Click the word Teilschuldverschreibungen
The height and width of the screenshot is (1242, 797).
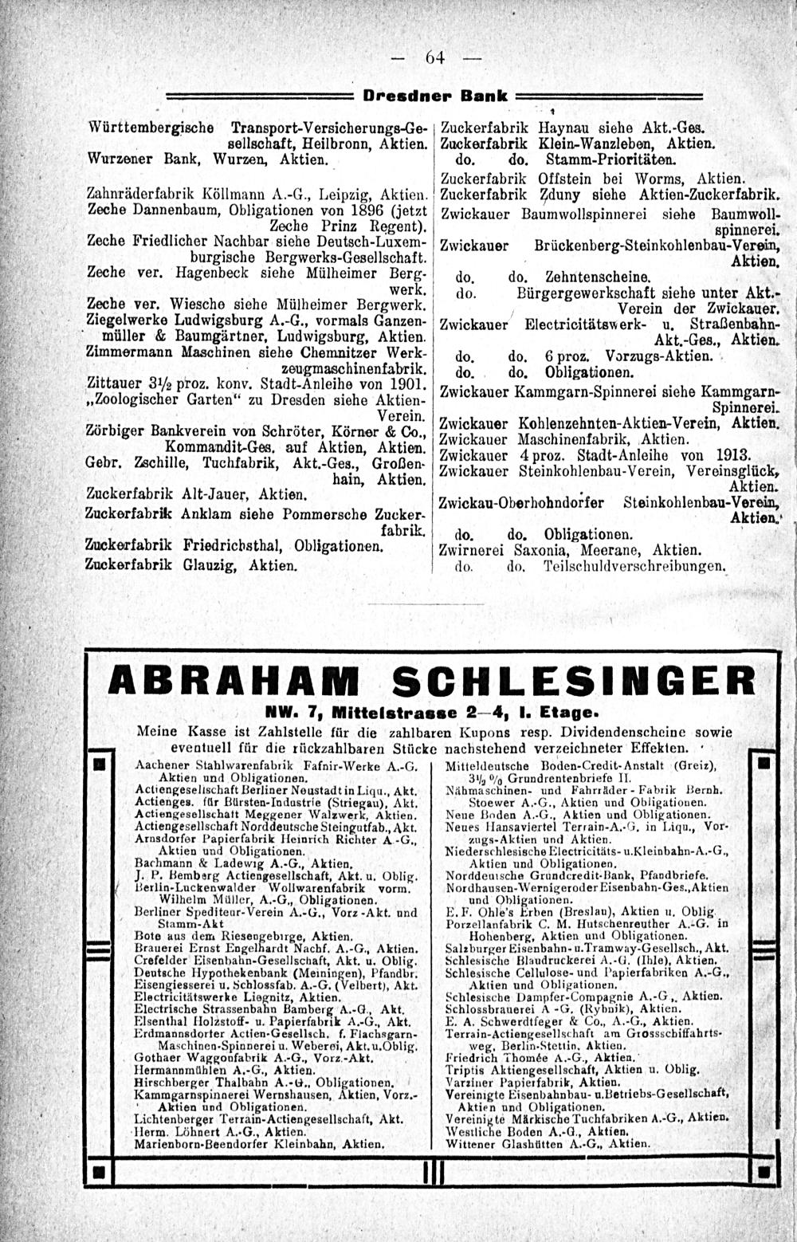(633, 568)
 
